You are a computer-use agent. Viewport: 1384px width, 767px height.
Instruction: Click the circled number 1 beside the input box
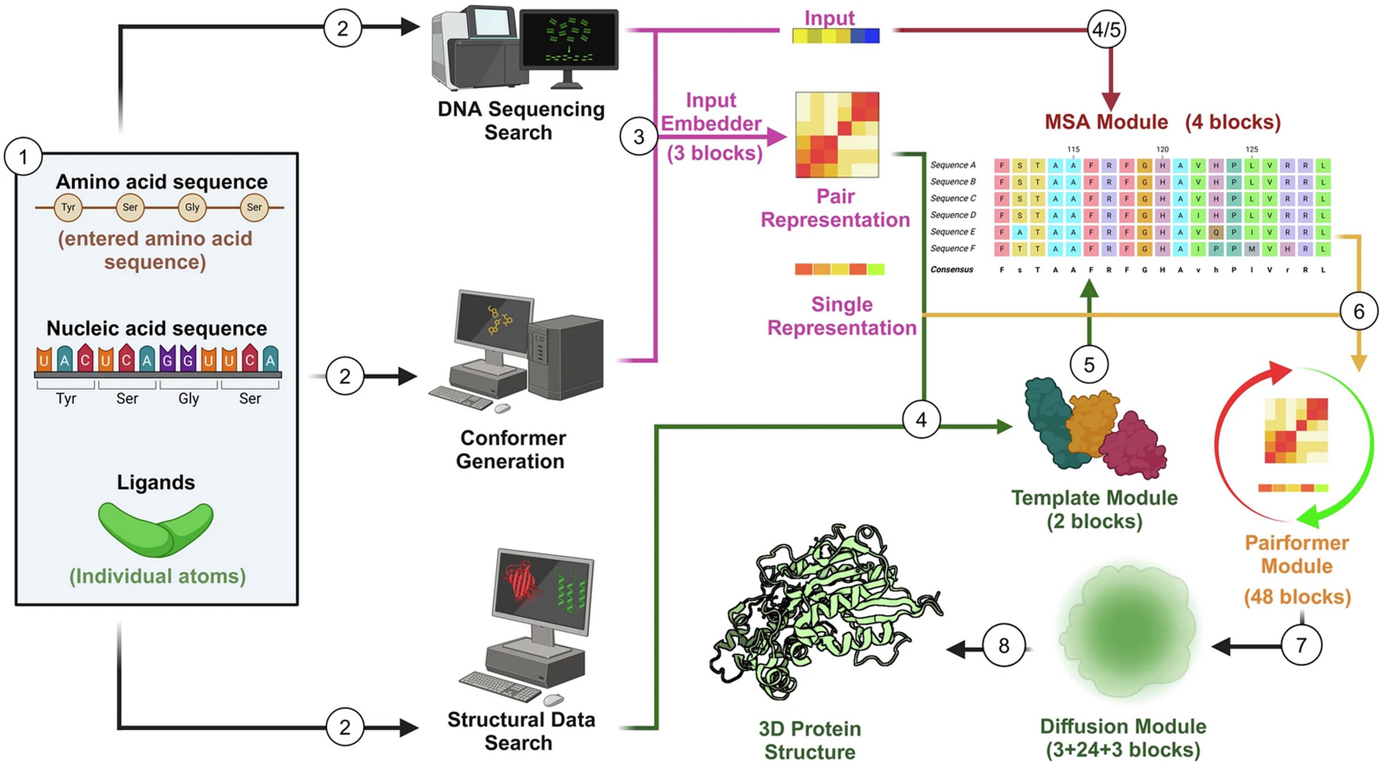(x=23, y=157)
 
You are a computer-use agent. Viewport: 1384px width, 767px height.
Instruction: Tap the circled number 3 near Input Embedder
(x=638, y=136)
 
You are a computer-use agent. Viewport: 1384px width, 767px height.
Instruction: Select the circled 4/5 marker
(x=1106, y=30)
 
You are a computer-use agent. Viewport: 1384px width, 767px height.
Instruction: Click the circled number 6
(x=1359, y=311)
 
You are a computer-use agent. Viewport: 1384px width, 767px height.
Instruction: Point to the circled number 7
(x=1301, y=645)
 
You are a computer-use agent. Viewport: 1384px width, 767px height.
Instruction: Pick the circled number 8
(x=1003, y=646)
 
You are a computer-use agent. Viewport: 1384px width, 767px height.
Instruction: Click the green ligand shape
(x=156, y=529)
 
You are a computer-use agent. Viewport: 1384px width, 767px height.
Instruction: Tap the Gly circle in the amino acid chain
(x=192, y=207)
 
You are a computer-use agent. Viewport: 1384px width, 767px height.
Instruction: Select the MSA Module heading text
(x=1106, y=122)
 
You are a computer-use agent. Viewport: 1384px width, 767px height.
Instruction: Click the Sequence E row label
(x=952, y=231)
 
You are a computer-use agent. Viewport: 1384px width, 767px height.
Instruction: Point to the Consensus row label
(x=951, y=269)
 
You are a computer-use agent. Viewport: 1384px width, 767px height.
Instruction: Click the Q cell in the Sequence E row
(x=1216, y=232)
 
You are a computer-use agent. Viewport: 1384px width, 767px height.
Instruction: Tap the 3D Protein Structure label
(x=810, y=740)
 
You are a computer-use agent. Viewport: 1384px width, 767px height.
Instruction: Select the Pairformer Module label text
(x=1296, y=554)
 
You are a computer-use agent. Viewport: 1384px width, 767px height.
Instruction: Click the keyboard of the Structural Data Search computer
(x=500, y=686)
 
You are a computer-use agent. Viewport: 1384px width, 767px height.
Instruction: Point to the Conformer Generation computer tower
(x=566, y=357)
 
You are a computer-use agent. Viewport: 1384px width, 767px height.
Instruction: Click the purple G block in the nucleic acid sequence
(x=167, y=358)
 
